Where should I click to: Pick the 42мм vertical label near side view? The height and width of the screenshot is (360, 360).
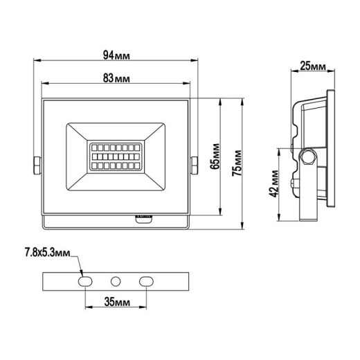(x=275, y=183)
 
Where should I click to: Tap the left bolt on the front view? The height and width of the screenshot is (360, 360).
(x=36, y=165)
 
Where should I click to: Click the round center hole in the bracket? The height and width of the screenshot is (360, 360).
(x=116, y=281)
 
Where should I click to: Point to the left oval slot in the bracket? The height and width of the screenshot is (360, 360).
(x=85, y=281)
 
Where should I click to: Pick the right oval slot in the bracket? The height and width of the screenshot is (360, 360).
(x=146, y=281)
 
